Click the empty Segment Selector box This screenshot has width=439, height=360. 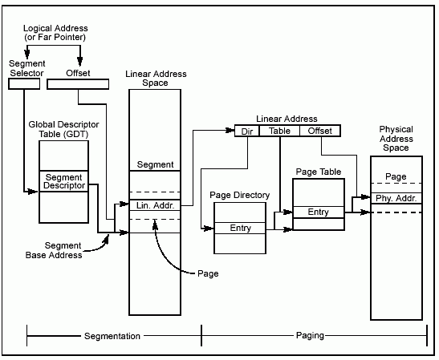[x=24, y=84]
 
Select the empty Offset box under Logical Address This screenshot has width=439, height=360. [x=78, y=84]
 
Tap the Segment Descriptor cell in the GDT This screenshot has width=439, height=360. [x=64, y=181]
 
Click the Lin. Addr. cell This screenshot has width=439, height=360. [x=155, y=205]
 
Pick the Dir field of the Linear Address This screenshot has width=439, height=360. [x=247, y=131]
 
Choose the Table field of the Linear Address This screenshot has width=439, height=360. [x=279, y=131]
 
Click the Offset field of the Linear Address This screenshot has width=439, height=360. [x=320, y=131]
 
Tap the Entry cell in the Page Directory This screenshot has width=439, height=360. [x=240, y=228]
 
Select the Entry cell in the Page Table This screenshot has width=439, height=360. [x=319, y=212]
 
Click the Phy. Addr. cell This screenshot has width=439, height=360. [x=396, y=198]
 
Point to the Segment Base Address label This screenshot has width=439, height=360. [x=54, y=250]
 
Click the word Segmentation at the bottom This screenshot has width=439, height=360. [x=112, y=336]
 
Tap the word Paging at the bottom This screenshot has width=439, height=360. [x=310, y=335]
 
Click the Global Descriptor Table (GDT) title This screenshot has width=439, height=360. [x=64, y=129]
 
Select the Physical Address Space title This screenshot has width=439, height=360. [x=396, y=139]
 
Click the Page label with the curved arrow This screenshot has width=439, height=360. [x=208, y=273]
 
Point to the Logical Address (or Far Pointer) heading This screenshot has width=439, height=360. [x=55, y=32]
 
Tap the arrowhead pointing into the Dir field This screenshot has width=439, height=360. [x=230, y=131]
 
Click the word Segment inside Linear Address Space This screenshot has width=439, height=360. [x=155, y=164]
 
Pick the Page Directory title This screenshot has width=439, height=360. [x=240, y=195]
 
